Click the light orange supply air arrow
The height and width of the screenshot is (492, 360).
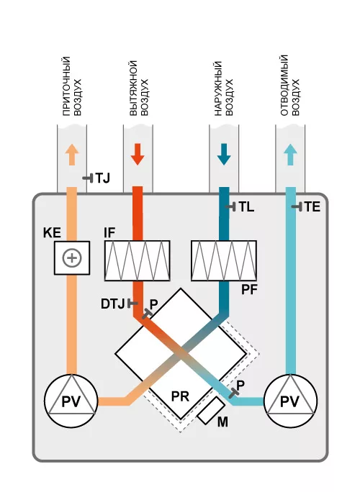(x=72, y=155)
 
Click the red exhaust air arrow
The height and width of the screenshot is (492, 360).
(x=138, y=155)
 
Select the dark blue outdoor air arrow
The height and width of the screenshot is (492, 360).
(x=224, y=155)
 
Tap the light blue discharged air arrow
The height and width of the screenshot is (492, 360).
(x=291, y=155)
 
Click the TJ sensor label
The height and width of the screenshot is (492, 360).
(x=102, y=178)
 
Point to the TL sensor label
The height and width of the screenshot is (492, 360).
(x=246, y=207)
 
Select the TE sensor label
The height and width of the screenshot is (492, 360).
(x=312, y=206)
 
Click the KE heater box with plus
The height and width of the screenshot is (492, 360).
(x=72, y=258)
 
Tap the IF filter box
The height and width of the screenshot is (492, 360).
(x=138, y=260)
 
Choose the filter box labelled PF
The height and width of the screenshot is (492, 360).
(x=224, y=260)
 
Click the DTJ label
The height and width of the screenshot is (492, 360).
(x=113, y=304)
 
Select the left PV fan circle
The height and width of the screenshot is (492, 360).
(x=71, y=401)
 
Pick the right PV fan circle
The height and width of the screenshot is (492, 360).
(x=290, y=401)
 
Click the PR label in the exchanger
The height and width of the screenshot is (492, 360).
(x=180, y=396)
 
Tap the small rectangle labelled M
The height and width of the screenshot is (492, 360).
(x=211, y=411)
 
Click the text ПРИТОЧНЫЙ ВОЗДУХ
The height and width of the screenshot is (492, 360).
(x=71, y=86)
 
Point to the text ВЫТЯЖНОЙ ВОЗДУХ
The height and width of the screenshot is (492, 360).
(x=139, y=88)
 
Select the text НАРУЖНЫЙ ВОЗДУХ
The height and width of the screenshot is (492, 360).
(x=224, y=88)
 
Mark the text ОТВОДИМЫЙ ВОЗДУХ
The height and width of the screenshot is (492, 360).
(x=290, y=86)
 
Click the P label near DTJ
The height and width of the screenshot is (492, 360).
(x=153, y=304)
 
